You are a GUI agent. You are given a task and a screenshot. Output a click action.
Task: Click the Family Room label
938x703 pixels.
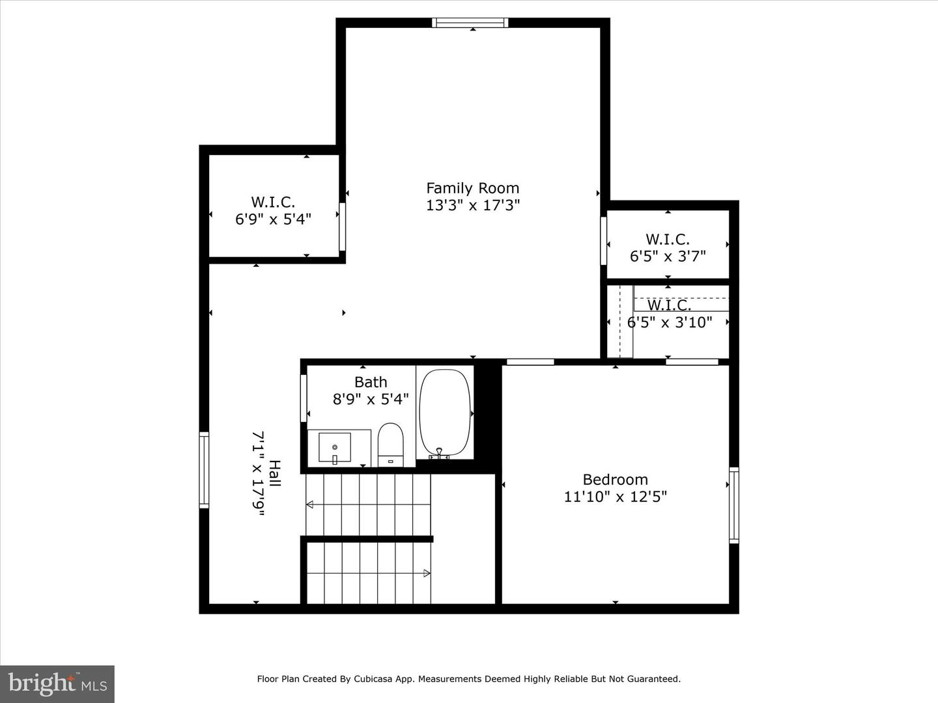click(x=472, y=188)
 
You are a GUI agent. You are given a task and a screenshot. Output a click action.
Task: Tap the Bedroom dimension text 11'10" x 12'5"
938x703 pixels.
click(x=615, y=497)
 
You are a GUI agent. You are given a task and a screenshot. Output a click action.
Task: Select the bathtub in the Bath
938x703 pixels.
click(x=445, y=413)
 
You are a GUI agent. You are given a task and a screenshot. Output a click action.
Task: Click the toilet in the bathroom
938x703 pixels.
click(x=391, y=443)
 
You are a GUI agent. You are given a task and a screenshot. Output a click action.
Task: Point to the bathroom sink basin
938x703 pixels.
click(x=335, y=448)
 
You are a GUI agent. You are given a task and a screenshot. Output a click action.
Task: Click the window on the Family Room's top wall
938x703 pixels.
click(x=470, y=23)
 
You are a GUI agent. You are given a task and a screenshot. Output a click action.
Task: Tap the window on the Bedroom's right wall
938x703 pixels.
click(x=733, y=505)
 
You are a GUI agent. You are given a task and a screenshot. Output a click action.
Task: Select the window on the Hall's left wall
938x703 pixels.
click(x=204, y=469)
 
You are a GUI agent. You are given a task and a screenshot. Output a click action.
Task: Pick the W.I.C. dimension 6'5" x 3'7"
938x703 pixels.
click(x=668, y=256)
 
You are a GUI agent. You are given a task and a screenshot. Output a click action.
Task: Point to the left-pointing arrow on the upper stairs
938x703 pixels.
click(x=310, y=504)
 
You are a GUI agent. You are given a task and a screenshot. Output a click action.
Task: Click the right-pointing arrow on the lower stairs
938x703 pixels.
click(x=426, y=573)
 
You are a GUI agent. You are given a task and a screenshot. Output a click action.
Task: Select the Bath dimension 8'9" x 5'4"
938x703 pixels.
click(x=371, y=399)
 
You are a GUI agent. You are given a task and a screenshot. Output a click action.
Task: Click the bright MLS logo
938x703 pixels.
click(x=57, y=683)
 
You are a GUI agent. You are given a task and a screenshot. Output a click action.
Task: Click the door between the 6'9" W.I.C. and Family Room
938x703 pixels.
click(x=342, y=227)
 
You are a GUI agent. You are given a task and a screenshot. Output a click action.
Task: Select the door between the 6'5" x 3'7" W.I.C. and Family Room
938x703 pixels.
click(x=604, y=241)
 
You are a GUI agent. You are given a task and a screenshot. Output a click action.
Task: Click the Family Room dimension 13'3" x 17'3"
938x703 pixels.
click(x=472, y=206)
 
